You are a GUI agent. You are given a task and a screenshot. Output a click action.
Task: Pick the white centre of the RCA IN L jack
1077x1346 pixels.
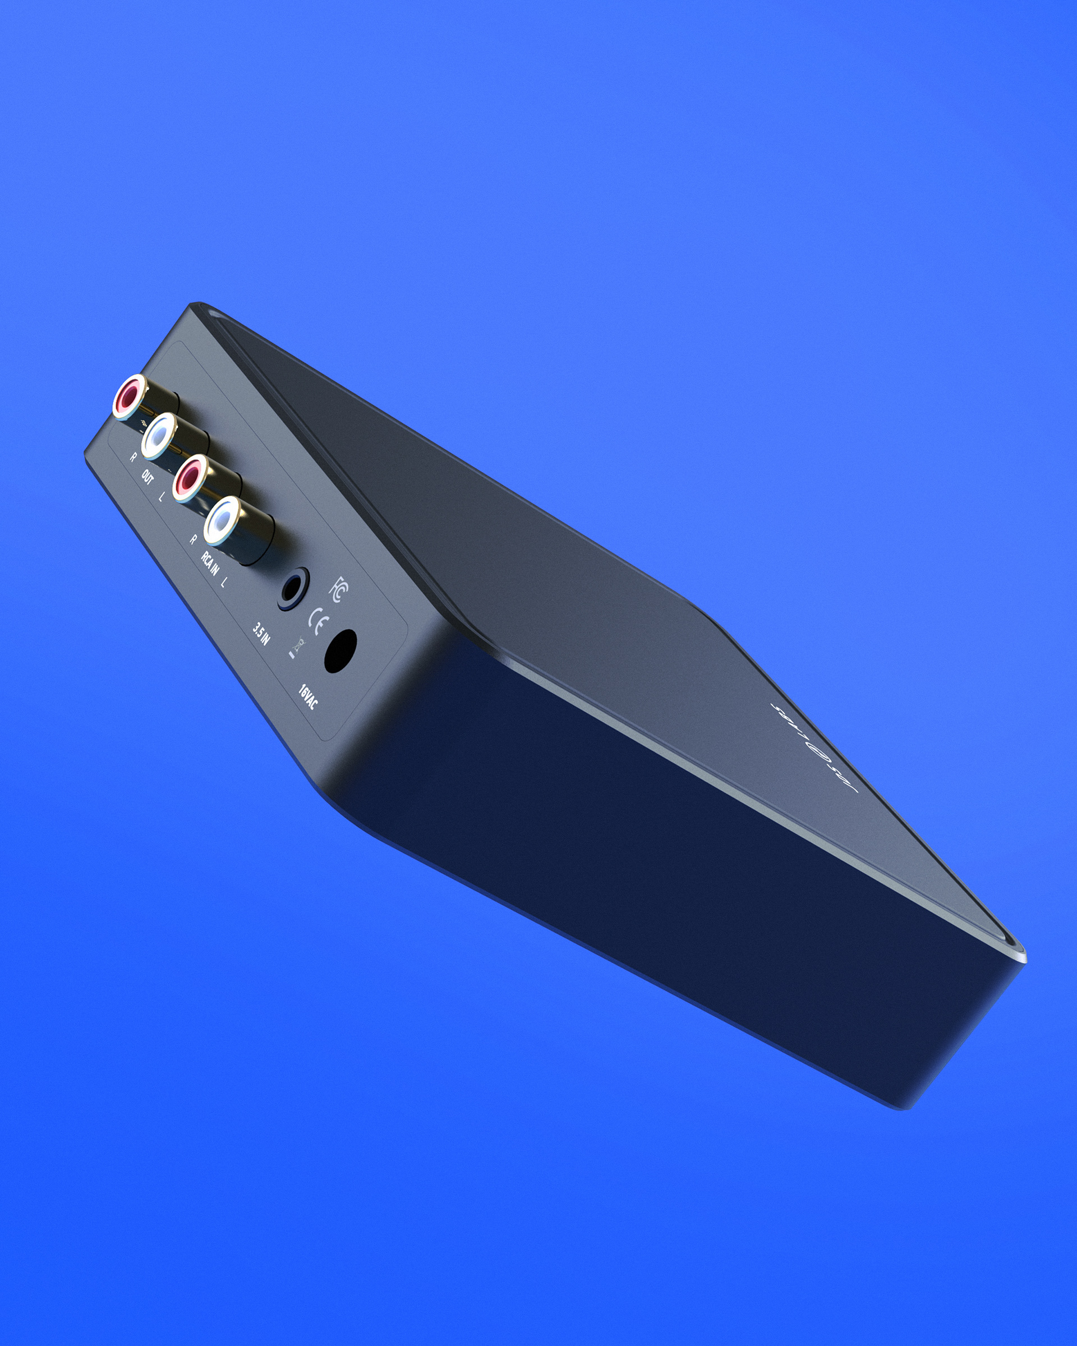pyautogui.click(x=221, y=519)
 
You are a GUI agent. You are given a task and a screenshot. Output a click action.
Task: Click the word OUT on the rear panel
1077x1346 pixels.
pyautogui.click(x=147, y=478)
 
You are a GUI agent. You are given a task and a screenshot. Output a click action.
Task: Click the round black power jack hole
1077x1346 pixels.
pyautogui.click(x=341, y=651)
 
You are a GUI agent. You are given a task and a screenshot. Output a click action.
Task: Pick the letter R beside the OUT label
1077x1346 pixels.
pyautogui.click(x=133, y=458)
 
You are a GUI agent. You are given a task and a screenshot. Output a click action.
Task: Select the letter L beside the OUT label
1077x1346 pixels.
pyautogui.click(x=162, y=497)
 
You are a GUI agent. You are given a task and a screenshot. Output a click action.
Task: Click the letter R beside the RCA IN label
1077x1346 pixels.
pyautogui.click(x=194, y=540)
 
